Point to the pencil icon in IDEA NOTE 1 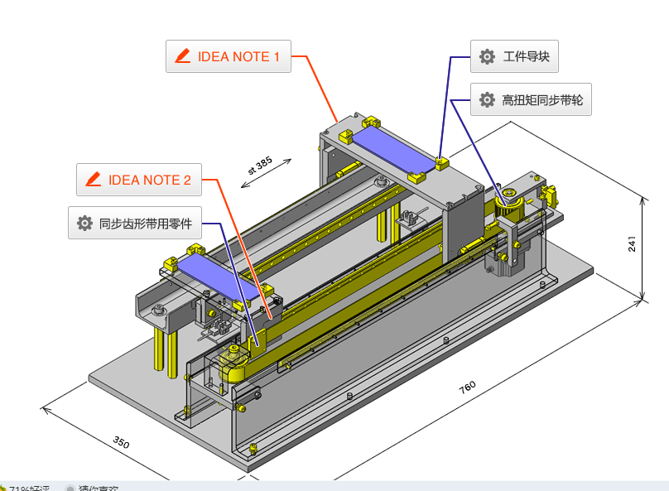click(182, 56)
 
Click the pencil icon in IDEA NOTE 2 click(93, 180)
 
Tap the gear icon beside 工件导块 click(487, 57)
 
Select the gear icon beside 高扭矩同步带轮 click(487, 99)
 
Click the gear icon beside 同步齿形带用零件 click(84, 223)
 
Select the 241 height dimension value click(632, 243)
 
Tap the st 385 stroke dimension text click(259, 166)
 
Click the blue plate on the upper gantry click(393, 150)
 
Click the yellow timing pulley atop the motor click(507, 200)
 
